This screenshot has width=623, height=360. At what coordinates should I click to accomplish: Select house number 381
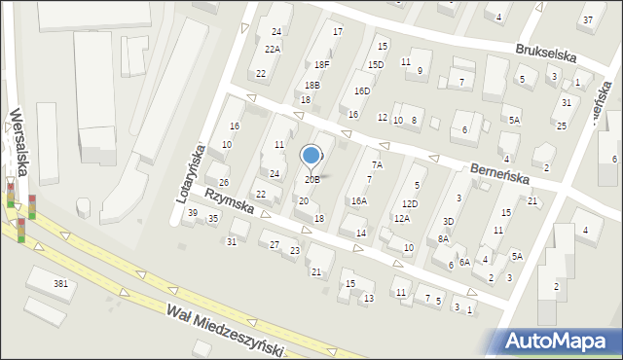60,283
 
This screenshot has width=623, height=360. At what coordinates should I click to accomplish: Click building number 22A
273,50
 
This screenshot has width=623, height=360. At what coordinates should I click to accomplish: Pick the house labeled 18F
321,64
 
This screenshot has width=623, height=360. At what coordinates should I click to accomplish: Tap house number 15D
375,64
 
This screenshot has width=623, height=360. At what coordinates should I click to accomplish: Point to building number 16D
362,90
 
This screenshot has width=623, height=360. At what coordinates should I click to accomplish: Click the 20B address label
311,180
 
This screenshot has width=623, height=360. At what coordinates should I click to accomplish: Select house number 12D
411,203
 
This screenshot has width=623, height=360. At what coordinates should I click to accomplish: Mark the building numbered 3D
448,222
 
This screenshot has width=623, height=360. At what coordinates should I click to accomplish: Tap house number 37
586,19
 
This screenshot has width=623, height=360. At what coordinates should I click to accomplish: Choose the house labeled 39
193,213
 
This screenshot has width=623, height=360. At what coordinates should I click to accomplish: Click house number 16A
358,200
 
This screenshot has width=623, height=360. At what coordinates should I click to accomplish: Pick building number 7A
377,165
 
